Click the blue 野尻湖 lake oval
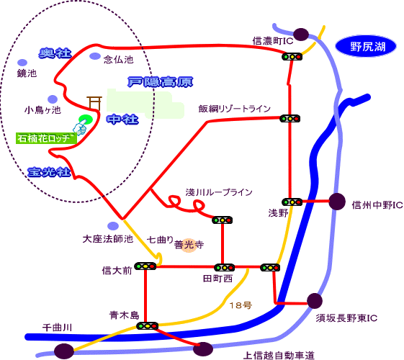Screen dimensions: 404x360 (366, 46)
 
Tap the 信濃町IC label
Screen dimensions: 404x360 (273, 41)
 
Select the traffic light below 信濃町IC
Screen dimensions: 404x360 (292, 56)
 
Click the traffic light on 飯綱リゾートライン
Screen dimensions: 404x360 (290, 119)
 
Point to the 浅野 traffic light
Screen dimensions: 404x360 (292, 202)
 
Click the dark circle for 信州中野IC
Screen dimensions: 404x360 (337, 202)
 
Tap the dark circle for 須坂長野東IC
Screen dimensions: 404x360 (314, 301)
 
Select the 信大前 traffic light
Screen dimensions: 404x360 (145, 266)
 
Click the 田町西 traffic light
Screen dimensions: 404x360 (224, 268)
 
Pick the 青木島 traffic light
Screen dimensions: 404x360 (147, 325)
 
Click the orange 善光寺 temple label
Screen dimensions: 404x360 (189, 245)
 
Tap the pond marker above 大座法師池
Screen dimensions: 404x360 (113, 226)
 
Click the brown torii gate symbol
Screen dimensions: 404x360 (94, 103)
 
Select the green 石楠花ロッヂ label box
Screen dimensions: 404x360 (46, 138)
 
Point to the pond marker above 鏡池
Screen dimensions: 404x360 (22, 63)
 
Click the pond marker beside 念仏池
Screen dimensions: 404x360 (95, 56)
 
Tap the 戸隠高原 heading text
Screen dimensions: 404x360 (161, 82)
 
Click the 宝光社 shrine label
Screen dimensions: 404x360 (49, 172)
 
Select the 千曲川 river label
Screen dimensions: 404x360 (57, 328)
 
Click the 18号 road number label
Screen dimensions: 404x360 (241, 305)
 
